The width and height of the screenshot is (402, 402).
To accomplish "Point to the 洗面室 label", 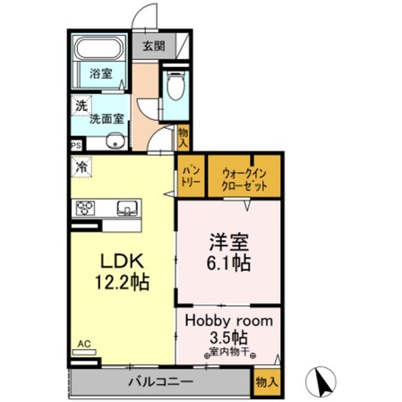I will (107, 116).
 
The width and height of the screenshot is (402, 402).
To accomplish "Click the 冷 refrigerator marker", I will (81, 166).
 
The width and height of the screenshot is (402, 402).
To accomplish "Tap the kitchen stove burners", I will (88, 209).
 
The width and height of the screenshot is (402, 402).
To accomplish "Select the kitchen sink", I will (126, 209).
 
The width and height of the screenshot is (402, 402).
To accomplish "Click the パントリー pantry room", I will (190, 175).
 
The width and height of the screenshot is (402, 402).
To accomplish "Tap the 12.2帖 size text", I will (120, 282).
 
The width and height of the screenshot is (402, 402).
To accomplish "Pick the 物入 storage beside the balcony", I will (267, 381).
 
